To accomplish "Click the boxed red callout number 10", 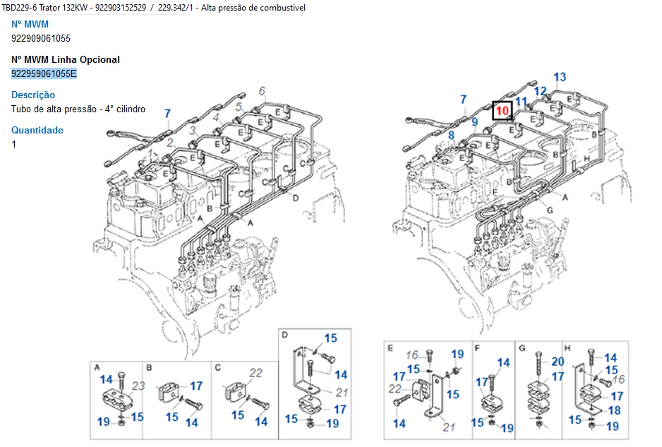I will point(502,111).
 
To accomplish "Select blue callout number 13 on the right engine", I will point(560,77).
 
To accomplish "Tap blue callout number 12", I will point(540,90).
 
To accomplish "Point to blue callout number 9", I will point(475,121).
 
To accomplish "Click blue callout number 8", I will point(451,135).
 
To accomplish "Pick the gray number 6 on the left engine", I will point(262,90).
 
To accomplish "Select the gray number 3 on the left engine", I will point(192,131).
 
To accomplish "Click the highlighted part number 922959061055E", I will point(44,73).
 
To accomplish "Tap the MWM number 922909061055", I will point(41,38).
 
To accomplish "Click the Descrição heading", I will point(33,95).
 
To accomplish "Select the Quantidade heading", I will point(37,130).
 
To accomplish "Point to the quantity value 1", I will point(14,144).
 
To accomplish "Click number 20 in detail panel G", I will point(558,362).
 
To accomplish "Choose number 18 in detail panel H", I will point(615,410).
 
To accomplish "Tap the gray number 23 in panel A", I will point(139,386).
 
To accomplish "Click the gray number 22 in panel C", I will point(255,372).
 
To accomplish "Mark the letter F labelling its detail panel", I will point(478,347).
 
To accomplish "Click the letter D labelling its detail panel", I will point(285,335).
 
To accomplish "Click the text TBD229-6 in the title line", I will point(21,7).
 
